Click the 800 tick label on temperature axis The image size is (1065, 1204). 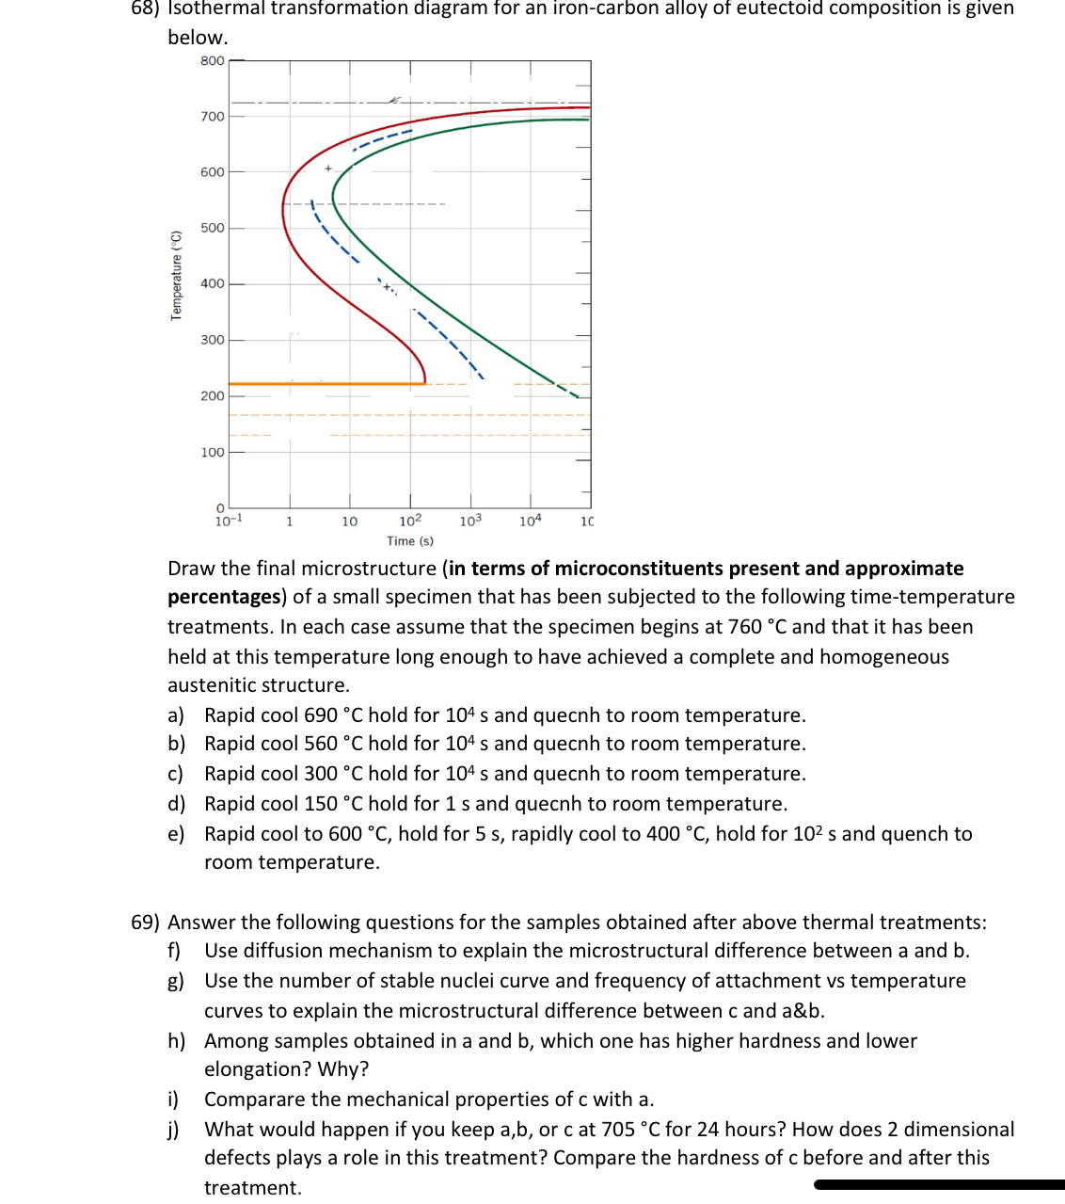click(212, 61)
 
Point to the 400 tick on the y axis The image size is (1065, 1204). click(212, 283)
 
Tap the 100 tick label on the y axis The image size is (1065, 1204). click(212, 453)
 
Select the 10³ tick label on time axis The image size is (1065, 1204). click(470, 521)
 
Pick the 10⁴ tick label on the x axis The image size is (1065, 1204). click(531, 521)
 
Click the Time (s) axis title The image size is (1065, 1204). click(410, 541)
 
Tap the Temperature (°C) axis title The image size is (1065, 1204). click(176, 275)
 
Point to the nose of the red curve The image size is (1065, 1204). click(283, 209)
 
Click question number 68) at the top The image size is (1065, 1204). click(145, 8)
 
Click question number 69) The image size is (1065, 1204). click(145, 923)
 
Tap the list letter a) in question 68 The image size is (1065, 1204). click(176, 715)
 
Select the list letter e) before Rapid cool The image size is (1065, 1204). click(176, 834)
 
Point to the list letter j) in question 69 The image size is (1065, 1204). click(174, 1130)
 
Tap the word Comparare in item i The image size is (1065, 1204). click(254, 1100)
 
